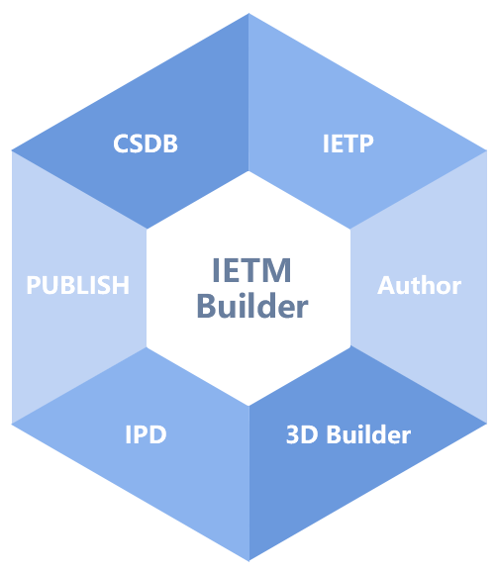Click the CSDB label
(146, 143)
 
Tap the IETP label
(348, 143)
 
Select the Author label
(419, 285)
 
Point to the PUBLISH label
(78, 285)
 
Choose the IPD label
(146, 434)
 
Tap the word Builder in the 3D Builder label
(368, 434)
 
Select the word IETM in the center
(251, 270)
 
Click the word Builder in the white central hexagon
(252, 306)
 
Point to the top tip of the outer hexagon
(248, 14)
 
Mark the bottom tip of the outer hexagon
(249, 560)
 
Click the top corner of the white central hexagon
(248, 171)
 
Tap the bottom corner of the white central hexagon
(248, 406)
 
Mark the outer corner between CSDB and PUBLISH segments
(12, 150)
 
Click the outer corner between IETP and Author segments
(487, 150)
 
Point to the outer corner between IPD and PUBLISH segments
(12, 424)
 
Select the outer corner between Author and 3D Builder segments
(487, 424)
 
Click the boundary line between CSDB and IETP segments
(248, 92)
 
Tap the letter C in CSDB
(120, 143)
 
